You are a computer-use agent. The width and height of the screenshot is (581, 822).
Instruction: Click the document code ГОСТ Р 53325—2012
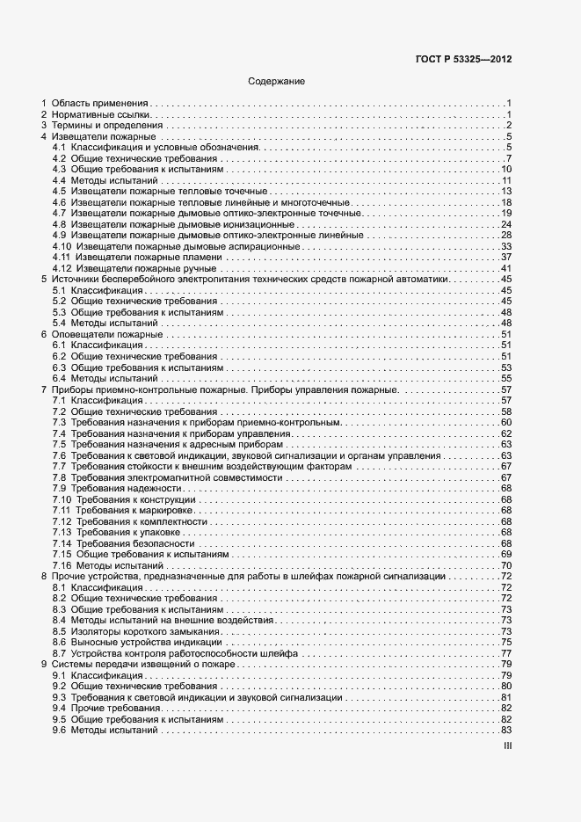tap(462, 60)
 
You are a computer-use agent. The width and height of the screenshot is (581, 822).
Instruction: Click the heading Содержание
tap(277, 82)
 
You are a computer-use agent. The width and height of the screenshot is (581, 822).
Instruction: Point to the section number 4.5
tap(59, 192)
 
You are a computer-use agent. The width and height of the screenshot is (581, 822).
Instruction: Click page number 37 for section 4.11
tap(506, 257)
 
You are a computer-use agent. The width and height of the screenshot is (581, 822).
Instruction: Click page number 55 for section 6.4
tap(506, 378)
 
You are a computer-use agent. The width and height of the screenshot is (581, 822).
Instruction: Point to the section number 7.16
tap(62, 565)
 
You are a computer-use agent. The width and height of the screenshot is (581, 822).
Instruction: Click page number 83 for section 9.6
tap(506, 730)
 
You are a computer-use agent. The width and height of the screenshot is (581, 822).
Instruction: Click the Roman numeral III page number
tap(506, 746)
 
